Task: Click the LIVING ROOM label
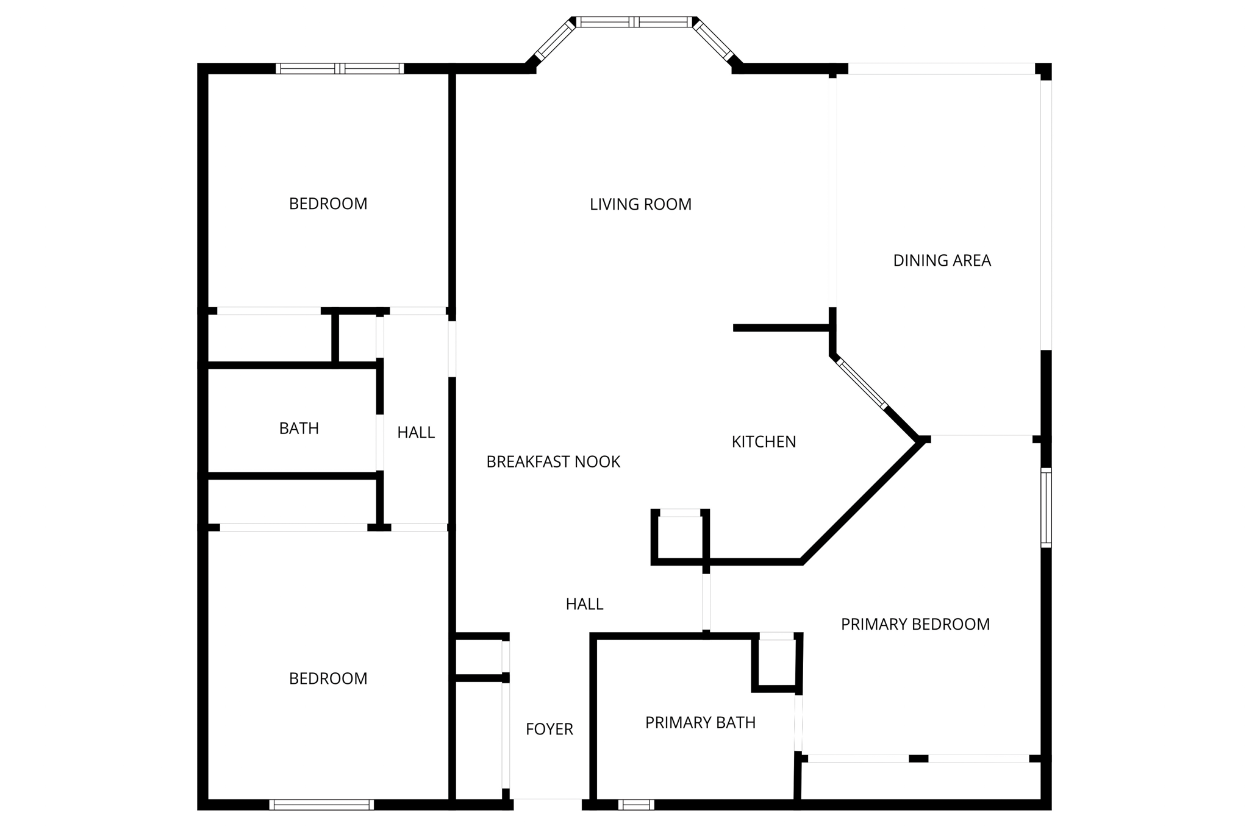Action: point(640,204)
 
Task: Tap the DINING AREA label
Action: point(942,261)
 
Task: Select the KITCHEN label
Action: point(764,442)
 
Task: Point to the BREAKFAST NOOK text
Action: point(553,462)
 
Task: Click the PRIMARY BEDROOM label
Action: point(915,624)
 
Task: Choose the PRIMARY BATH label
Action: point(700,723)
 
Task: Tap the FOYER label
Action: point(549,729)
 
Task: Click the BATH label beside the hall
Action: point(299,428)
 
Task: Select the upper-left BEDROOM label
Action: point(328,204)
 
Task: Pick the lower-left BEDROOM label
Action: point(328,678)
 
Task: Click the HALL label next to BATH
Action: point(416,433)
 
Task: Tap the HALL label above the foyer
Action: point(584,604)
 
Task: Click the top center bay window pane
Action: point(634,23)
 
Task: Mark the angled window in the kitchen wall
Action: point(862,383)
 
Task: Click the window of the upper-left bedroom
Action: point(340,68)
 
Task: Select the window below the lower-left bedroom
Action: point(321,805)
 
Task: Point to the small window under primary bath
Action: point(635,805)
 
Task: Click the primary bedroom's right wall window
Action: point(1046,508)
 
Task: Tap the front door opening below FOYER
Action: point(547,803)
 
